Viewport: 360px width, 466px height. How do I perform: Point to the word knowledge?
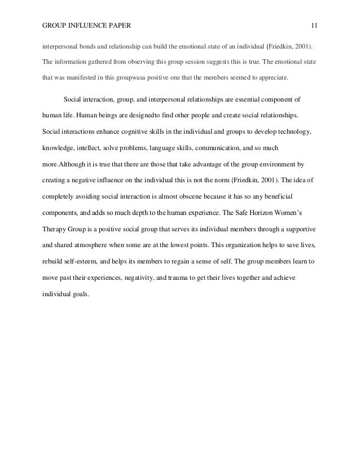(x=59, y=148)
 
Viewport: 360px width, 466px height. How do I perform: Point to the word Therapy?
(x=56, y=230)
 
